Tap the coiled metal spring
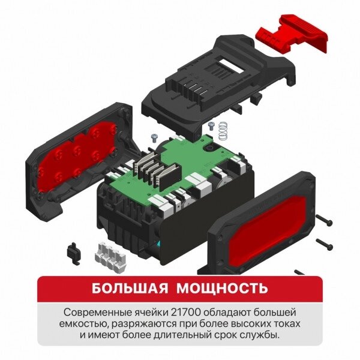pyautogui.click(x=223, y=131)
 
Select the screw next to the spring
pyautogui.click(x=211, y=126)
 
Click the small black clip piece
pyautogui.click(x=74, y=253)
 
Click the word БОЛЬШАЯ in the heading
pyautogui.click(x=130, y=288)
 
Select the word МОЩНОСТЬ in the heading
pyautogui.click(x=222, y=288)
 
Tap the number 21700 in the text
pyautogui.click(x=186, y=313)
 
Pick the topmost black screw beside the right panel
pyautogui.click(x=324, y=220)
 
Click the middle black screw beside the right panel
pyautogui.click(x=325, y=244)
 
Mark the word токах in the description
pyautogui.click(x=287, y=324)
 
